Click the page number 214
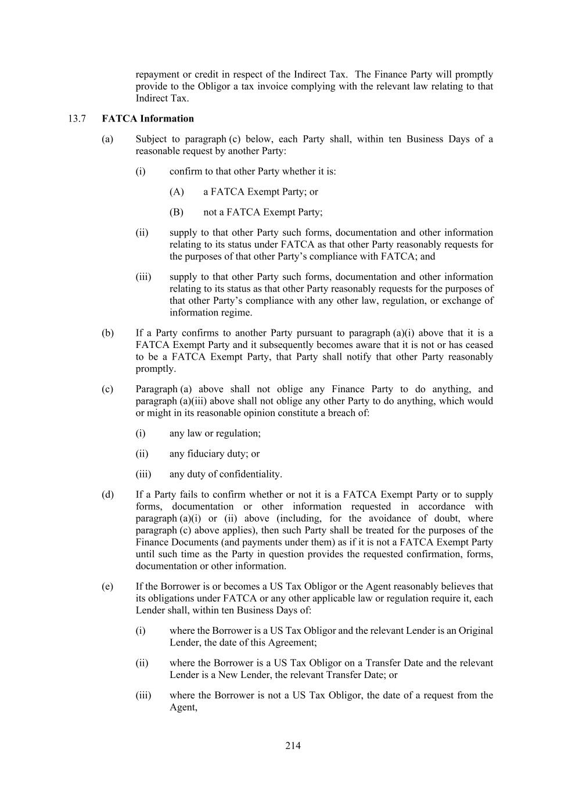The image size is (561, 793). (x=293, y=745)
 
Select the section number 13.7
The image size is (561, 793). (x=77, y=119)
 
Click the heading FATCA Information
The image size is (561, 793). (x=148, y=119)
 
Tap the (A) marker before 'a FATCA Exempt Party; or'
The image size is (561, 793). (x=177, y=192)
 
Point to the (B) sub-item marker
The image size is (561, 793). (x=177, y=212)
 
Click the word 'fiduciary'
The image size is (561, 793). (x=207, y=454)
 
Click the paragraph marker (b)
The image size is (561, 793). (x=107, y=333)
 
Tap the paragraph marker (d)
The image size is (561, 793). (x=107, y=494)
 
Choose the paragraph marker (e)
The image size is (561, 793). (x=107, y=586)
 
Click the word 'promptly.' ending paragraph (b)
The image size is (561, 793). (x=156, y=369)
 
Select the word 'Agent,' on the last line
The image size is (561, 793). (x=184, y=707)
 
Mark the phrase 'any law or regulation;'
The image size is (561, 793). (x=215, y=433)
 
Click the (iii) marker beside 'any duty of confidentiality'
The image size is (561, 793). (x=143, y=474)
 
